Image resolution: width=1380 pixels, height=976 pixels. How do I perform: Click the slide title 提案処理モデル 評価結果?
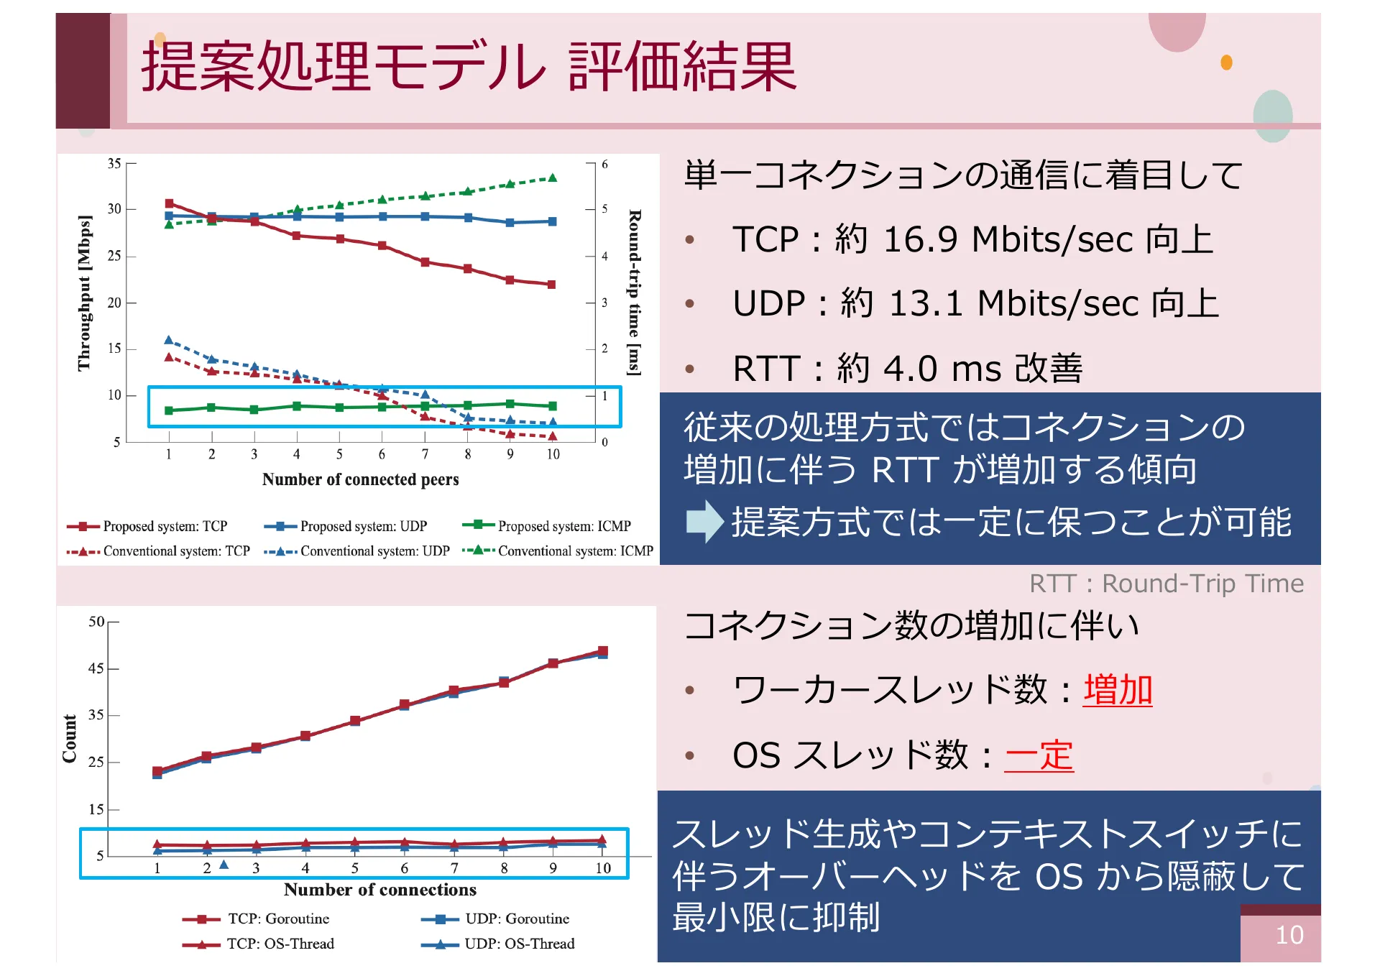[469, 66]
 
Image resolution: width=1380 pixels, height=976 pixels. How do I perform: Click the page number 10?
[1289, 935]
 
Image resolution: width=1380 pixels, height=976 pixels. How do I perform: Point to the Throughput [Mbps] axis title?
[84, 293]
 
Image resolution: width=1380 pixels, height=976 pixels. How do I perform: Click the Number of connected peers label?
[360, 479]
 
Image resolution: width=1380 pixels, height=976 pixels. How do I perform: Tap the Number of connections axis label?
[379, 890]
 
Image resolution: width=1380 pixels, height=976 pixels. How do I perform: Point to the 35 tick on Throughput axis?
[114, 164]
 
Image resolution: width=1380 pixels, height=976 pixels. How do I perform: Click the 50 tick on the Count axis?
[96, 622]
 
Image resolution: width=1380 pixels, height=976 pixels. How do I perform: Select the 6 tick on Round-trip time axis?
[604, 165]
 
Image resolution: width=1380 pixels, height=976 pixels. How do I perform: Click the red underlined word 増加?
[1117, 690]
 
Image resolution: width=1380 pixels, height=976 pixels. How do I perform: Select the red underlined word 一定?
[1039, 755]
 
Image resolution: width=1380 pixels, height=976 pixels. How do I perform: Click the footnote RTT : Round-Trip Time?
[1166, 584]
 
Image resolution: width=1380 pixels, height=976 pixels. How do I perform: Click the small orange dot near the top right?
[1226, 63]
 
